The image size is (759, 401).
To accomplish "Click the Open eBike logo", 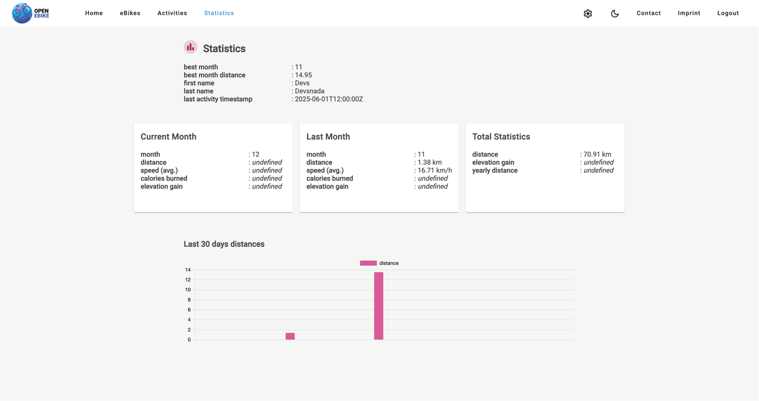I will tap(30, 13).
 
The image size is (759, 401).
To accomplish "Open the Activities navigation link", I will tap(172, 13).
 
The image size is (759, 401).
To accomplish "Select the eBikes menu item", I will tap(130, 13).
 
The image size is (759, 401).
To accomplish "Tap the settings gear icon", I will tap(588, 13).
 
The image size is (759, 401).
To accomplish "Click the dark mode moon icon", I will tap(615, 13).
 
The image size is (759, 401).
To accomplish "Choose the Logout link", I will tap(728, 13).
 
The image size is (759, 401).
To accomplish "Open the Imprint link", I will tap(689, 13).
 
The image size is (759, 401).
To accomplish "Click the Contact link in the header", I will tap(648, 13).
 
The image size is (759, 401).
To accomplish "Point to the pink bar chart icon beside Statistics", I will tap(191, 47).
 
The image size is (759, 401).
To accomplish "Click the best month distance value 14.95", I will tap(303, 75).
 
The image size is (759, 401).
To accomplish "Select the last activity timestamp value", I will tap(329, 99).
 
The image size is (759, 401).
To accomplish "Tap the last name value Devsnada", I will tap(310, 91).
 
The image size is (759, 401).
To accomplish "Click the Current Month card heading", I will tap(168, 137).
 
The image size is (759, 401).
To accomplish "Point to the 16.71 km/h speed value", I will tap(434, 170).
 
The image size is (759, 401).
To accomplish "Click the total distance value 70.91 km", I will tap(597, 154).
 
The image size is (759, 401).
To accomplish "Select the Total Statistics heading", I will tap(501, 137).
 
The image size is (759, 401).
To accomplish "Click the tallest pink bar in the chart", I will tap(379, 306).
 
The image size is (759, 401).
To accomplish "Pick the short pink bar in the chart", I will tap(290, 336).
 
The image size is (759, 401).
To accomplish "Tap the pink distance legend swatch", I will tap(368, 263).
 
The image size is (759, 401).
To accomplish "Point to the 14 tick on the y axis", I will tap(188, 270).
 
